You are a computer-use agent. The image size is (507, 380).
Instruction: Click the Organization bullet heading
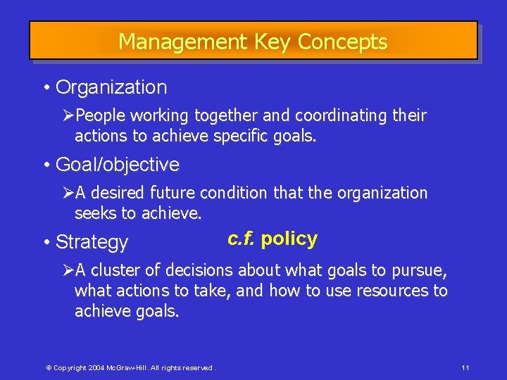pyautogui.click(x=111, y=88)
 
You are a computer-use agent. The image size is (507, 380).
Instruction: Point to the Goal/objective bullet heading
pyautogui.click(x=117, y=165)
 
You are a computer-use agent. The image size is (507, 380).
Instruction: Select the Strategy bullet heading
pyautogui.click(x=92, y=243)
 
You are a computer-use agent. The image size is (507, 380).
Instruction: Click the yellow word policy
pyautogui.click(x=289, y=239)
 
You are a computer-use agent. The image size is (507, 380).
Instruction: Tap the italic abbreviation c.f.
pyautogui.click(x=241, y=239)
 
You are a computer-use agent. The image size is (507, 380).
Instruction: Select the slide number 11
pyautogui.click(x=465, y=368)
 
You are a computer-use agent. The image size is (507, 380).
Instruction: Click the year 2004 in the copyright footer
pyautogui.click(x=96, y=368)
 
